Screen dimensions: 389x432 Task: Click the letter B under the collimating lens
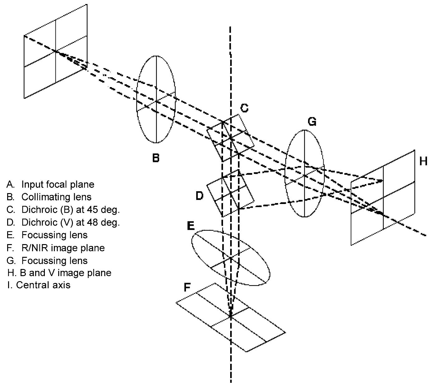coord(156,158)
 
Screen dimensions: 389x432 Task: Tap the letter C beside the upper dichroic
coord(244,108)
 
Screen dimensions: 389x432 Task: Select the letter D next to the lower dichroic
coord(199,196)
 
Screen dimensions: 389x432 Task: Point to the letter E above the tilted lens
coord(191,226)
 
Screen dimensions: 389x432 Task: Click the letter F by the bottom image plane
coord(187,288)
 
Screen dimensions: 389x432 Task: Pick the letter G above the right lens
coord(312,122)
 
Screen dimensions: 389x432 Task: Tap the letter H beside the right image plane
coord(423,161)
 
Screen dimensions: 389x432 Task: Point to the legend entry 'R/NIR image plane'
coord(56,248)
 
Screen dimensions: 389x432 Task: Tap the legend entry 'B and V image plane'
coord(59,273)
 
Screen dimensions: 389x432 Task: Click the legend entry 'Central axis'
coord(39,285)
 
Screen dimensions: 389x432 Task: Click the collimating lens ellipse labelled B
coord(156,100)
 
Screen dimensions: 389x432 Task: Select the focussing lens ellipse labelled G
coord(305,173)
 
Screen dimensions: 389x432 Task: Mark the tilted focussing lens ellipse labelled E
coord(230,257)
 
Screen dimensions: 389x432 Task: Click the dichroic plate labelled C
coord(230,137)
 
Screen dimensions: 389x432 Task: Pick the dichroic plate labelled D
coord(230,193)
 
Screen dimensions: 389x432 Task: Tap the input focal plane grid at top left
coord(55,51)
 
